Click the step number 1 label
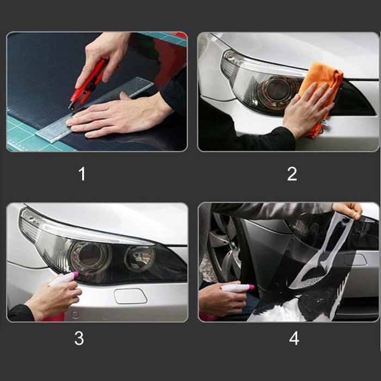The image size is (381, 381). click(x=82, y=174)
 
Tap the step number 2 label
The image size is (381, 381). click(x=292, y=174)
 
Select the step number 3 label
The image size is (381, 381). click(x=79, y=338)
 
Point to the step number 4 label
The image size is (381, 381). click(x=294, y=338)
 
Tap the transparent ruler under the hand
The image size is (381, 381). click(x=95, y=110)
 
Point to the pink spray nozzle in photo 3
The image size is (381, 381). click(x=76, y=274)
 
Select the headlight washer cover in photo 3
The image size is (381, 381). click(x=131, y=296)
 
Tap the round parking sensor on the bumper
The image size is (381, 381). click(x=75, y=315)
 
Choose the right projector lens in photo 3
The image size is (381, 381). click(x=139, y=259)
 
